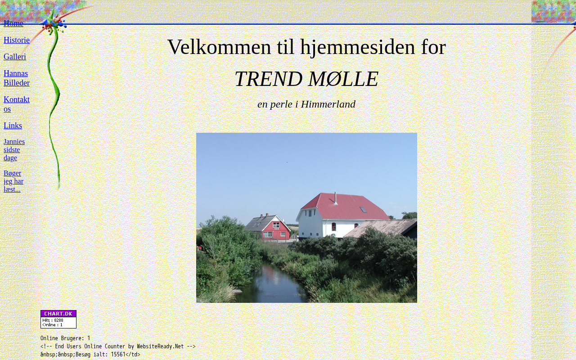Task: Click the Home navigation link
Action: point(13,23)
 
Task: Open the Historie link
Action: point(17,40)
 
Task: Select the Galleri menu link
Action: point(15,57)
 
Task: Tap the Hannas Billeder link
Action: point(17,78)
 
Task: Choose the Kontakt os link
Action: point(17,104)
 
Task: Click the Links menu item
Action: point(13,126)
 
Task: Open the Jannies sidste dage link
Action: point(14,150)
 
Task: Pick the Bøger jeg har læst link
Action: point(13,181)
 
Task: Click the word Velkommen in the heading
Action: point(219,47)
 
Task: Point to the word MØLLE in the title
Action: point(343,79)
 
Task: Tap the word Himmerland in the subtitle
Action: point(328,104)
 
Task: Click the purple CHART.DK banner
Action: point(58,314)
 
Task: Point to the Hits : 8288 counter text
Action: point(53,320)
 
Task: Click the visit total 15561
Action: point(118,354)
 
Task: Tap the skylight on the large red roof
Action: point(363,210)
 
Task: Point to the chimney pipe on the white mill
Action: point(335,198)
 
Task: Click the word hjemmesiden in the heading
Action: point(358,47)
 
